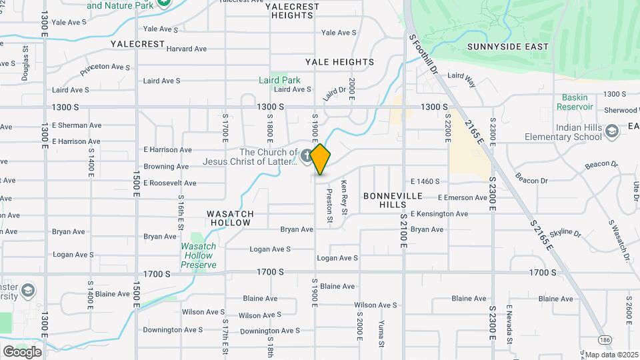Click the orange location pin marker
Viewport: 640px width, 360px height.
[x=321, y=159]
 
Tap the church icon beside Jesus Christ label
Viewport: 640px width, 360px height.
[x=307, y=156]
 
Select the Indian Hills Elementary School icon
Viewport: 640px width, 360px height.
[x=611, y=131]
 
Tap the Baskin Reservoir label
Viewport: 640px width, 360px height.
[x=574, y=102]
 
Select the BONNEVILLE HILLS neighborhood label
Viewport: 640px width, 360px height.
[x=393, y=200]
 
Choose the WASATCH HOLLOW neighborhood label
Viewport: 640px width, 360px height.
[x=231, y=218]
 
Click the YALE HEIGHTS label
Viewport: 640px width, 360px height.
[x=340, y=62]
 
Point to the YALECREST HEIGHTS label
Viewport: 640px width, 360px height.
[x=293, y=10]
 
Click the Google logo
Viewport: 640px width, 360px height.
[x=22, y=351]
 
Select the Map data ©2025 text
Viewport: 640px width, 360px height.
[x=611, y=355]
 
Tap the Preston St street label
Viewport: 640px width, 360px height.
[x=329, y=205]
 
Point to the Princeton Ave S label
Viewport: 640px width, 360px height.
[x=105, y=68]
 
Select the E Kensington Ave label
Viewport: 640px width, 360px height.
[x=439, y=214]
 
